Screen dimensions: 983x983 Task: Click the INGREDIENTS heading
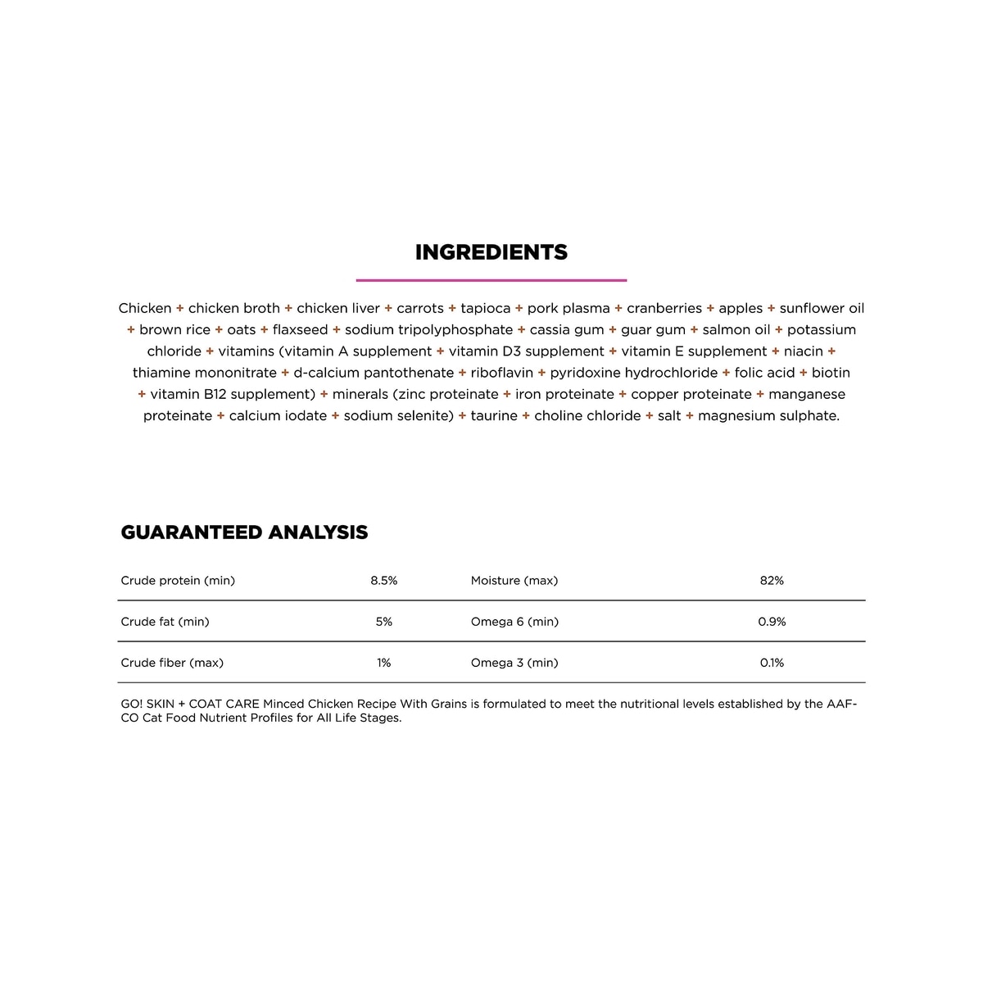[x=491, y=252]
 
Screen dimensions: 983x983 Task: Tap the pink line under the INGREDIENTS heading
[x=491, y=280]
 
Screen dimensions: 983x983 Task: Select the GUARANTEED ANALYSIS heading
[x=244, y=532]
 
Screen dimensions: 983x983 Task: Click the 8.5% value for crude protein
[x=383, y=581]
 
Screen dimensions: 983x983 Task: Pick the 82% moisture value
[x=772, y=581]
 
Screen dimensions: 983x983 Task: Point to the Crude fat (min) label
[x=165, y=622]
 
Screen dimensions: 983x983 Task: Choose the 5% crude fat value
[x=383, y=622]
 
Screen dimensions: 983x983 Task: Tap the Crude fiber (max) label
[x=172, y=663]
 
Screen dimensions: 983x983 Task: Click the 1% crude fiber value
[x=383, y=663]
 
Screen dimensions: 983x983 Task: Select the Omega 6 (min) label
[x=514, y=622]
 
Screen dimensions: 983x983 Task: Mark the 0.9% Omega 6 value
[x=772, y=622]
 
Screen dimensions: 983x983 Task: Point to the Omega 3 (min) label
[x=514, y=663]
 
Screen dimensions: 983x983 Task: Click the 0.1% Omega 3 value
[x=772, y=663]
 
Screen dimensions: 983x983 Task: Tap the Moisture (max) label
[x=514, y=581]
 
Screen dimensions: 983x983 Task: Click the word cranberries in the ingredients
[x=664, y=309]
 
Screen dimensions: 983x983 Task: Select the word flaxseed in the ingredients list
[x=300, y=330]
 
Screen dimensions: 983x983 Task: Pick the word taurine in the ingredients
[x=494, y=416]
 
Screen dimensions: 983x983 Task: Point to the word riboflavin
[x=501, y=373]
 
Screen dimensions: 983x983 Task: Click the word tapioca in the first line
[x=485, y=309]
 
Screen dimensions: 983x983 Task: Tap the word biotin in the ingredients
[x=831, y=373]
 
